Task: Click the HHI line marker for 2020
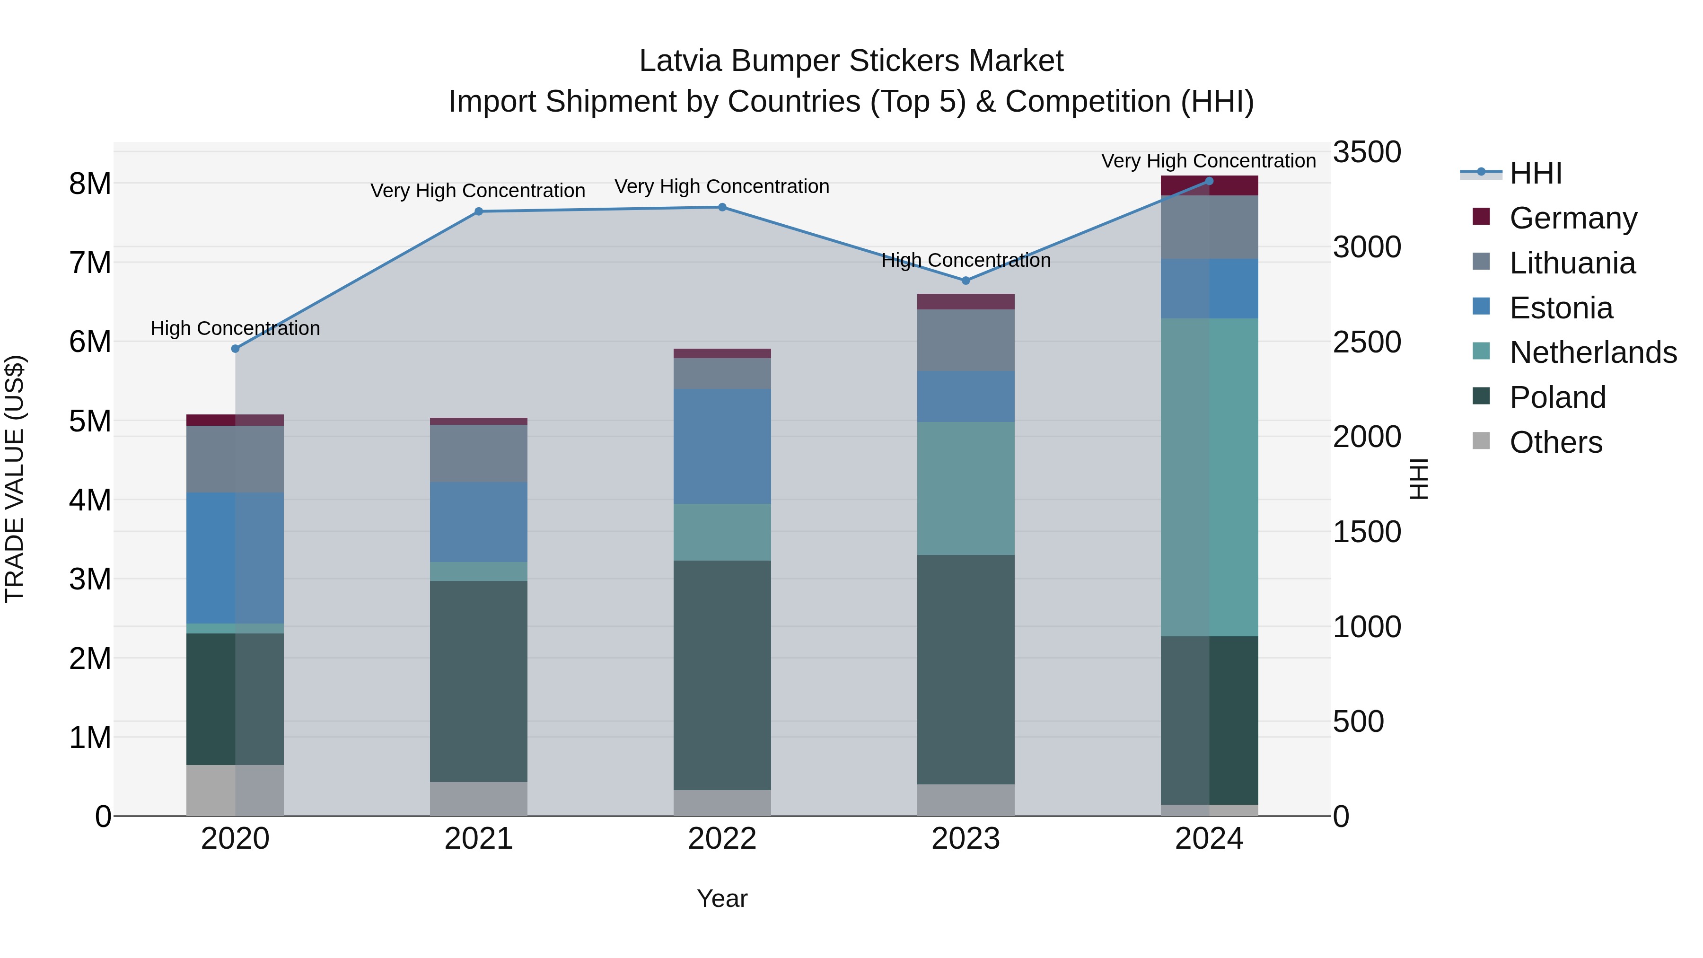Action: pos(236,348)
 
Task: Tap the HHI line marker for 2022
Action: pos(722,207)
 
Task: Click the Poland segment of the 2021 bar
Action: pos(479,681)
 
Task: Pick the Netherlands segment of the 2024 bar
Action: pos(1209,477)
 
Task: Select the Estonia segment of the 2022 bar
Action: pos(722,446)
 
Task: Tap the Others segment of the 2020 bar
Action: pos(236,790)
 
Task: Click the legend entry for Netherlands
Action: pos(1593,352)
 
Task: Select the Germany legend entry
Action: pos(1573,218)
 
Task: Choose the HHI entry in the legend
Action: pos(1536,173)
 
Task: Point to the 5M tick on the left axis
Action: pos(90,421)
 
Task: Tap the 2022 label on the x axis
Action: pos(722,839)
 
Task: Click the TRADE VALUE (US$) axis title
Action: pos(15,479)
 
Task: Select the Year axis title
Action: pos(722,898)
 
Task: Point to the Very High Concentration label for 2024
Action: pos(1209,161)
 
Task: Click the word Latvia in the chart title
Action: pos(681,61)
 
